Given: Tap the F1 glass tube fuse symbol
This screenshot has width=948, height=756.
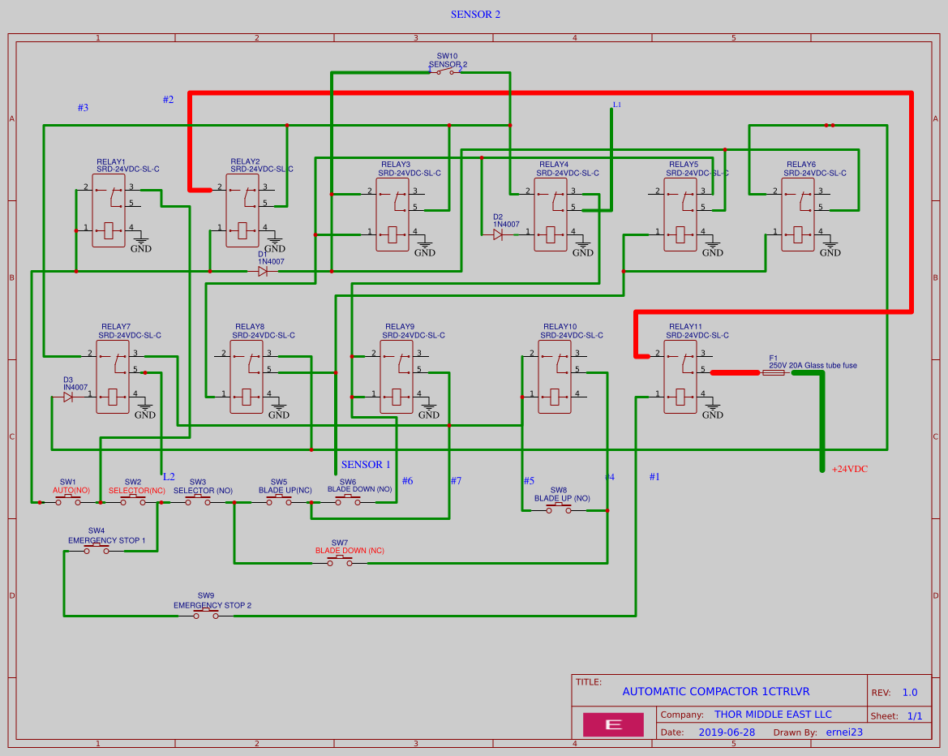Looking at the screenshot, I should pyautogui.click(x=774, y=373).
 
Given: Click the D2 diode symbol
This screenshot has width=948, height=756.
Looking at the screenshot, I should pyautogui.click(x=497, y=234).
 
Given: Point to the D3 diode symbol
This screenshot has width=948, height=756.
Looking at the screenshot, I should pyautogui.click(x=68, y=397).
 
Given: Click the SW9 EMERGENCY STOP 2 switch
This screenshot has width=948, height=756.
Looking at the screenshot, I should pyautogui.click(x=206, y=615).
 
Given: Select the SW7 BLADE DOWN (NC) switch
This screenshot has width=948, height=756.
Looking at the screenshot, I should pyautogui.click(x=340, y=561).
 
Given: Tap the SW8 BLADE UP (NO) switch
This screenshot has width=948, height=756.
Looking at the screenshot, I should pyautogui.click(x=558, y=509).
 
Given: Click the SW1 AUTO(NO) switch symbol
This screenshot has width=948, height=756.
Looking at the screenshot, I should pyautogui.click(x=68, y=501).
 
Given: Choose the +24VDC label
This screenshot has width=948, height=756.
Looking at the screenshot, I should pyautogui.click(x=850, y=469).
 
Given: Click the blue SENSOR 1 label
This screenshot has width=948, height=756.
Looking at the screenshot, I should pyautogui.click(x=366, y=465).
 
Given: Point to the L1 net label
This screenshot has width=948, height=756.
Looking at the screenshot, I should pyautogui.click(x=617, y=105).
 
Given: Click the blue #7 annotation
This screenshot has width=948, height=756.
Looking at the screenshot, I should pyautogui.click(x=456, y=481).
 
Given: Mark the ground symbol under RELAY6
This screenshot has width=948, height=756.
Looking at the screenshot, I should pyautogui.click(x=830, y=248).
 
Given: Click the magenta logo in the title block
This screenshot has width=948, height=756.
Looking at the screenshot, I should pyautogui.click(x=613, y=724).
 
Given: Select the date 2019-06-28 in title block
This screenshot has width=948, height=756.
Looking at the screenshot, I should pyautogui.click(x=727, y=732).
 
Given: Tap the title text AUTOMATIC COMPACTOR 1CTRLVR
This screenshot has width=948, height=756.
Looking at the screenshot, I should pyautogui.click(x=715, y=692).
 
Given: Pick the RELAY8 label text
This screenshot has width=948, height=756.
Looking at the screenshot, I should pyautogui.click(x=250, y=327).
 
